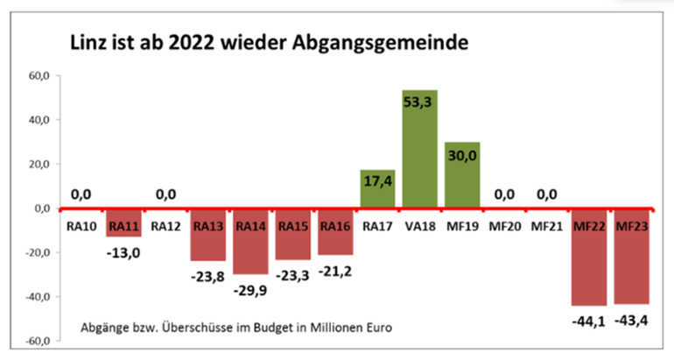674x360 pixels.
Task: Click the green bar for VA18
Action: tap(420, 149)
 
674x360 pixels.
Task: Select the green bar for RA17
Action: tap(377, 189)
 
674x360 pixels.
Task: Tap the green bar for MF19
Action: tap(462, 175)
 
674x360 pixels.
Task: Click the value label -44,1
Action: tap(589, 320)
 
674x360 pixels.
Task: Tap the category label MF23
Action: tap(632, 226)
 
